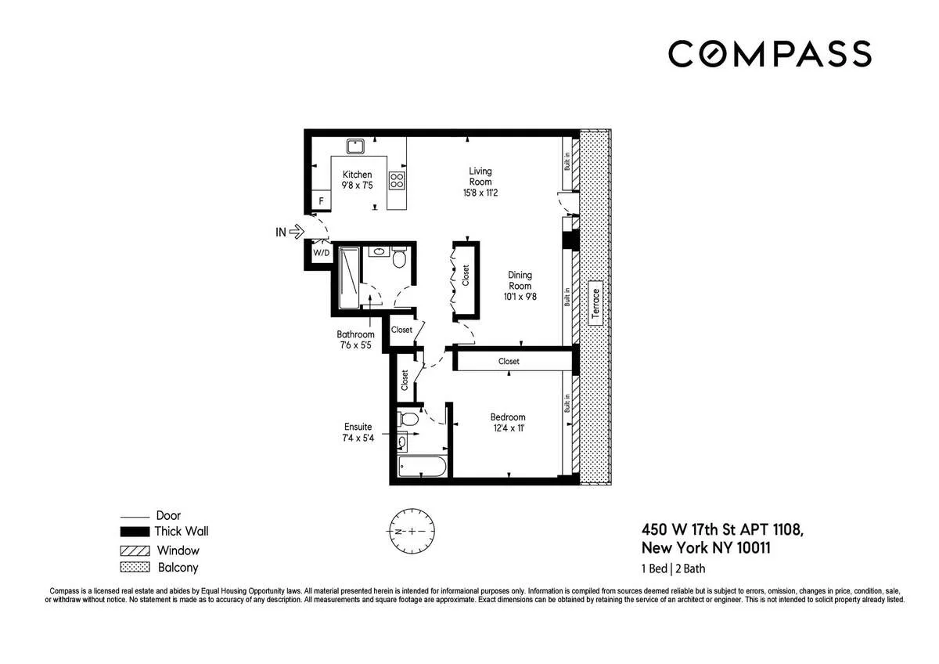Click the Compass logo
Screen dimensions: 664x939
point(769,53)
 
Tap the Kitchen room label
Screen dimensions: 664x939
point(356,175)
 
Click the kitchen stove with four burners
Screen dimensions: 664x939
point(398,182)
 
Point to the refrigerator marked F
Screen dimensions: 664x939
point(319,201)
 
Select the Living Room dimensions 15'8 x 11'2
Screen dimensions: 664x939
point(480,192)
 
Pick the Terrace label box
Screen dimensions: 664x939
point(595,303)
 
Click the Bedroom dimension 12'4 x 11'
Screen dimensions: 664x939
point(508,428)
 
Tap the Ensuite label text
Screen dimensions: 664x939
point(358,427)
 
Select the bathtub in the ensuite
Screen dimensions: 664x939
point(422,468)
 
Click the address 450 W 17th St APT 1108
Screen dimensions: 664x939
point(721,530)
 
